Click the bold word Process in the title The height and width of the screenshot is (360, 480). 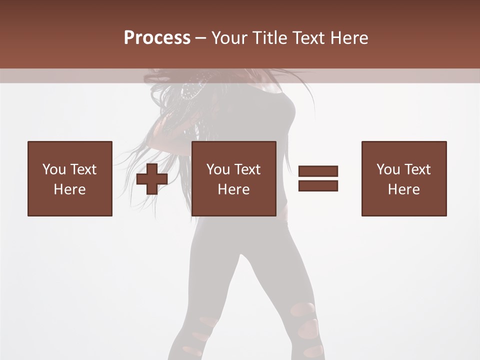point(157,38)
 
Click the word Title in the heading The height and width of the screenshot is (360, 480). point(269,38)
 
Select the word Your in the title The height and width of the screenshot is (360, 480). point(229,38)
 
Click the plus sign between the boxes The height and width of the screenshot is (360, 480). point(152,179)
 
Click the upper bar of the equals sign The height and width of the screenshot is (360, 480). point(318,171)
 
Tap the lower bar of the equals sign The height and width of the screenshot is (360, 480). point(318,185)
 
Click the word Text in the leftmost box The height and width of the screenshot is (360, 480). point(83,169)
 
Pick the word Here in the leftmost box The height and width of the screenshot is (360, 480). point(69,189)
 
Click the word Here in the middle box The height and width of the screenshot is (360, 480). point(233,189)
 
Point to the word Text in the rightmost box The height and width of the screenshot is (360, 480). point(417,169)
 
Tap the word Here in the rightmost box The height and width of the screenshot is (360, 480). point(403,189)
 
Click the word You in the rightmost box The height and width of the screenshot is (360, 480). point(388,169)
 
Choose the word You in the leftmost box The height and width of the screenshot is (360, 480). point(54,169)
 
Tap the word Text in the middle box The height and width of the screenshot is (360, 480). point(247,169)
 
